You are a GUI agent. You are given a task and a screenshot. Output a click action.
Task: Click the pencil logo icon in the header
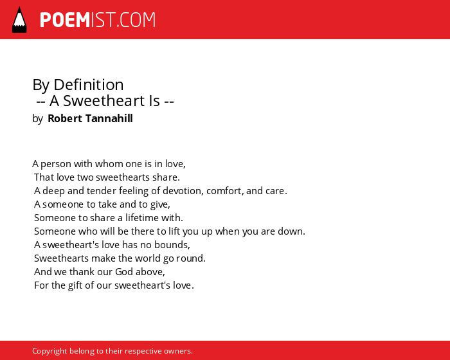(x=19, y=20)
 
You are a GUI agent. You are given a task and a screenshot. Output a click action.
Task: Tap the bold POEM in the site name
(x=65, y=20)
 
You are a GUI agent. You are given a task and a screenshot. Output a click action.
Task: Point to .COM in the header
(x=136, y=20)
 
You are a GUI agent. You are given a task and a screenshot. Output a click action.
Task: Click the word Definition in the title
(x=89, y=85)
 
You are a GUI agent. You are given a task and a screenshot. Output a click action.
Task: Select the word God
(x=124, y=271)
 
